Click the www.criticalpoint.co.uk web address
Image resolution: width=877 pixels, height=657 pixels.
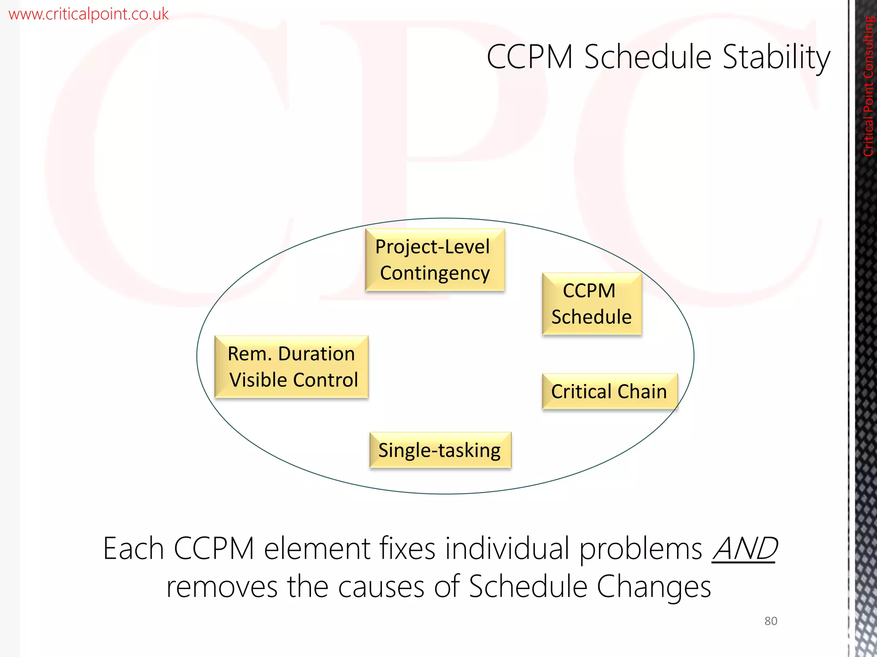(x=89, y=14)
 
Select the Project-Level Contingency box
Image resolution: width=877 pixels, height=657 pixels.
(x=435, y=260)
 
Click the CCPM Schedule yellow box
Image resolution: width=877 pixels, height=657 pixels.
(x=591, y=304)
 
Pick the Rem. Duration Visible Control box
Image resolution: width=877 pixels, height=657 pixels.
(x=292, y=367)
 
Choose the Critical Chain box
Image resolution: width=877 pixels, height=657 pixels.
(x=609, y=391)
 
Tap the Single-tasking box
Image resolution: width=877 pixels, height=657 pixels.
(x=440, y=450)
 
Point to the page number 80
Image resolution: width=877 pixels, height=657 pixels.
(x=770, y=621)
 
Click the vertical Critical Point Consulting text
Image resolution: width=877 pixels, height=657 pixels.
(x=868, y=86)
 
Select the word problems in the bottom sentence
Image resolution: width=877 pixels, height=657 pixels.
(x=641, y=549)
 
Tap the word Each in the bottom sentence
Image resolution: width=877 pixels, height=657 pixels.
(x=133, y=549)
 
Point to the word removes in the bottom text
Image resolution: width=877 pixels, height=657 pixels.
(x=222, y=587)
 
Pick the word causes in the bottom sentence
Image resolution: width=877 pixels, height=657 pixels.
(x=381, y=587)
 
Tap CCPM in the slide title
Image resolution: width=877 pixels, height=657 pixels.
(x=530, y=57)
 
